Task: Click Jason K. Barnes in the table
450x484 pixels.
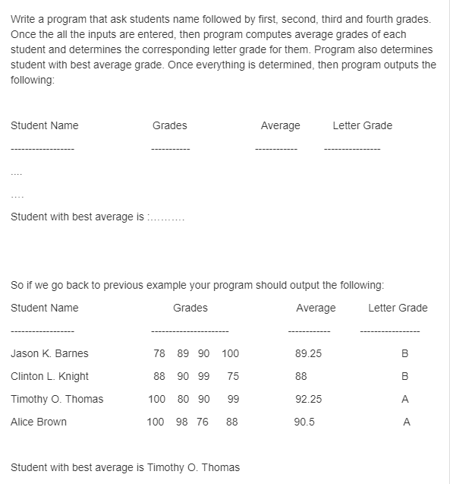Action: point(49,353)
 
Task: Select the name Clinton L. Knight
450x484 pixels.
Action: point(49,376)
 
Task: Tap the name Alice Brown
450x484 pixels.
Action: point(39,422)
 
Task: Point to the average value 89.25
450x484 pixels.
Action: point(308,353)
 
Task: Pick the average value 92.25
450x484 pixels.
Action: point(308,399)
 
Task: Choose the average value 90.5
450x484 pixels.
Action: point(305,422)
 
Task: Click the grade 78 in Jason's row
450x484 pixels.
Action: point(159,353)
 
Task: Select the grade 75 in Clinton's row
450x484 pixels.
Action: point(233,376)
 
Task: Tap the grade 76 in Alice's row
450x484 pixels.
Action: point(202,422)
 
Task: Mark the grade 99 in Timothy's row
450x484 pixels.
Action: point(233,399)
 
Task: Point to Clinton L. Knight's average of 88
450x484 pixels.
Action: point(301,376)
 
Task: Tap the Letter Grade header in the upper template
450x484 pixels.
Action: point(362,125)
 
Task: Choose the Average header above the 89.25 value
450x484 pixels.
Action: point(316,308)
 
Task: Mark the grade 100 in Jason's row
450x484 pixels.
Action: point(231,353)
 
